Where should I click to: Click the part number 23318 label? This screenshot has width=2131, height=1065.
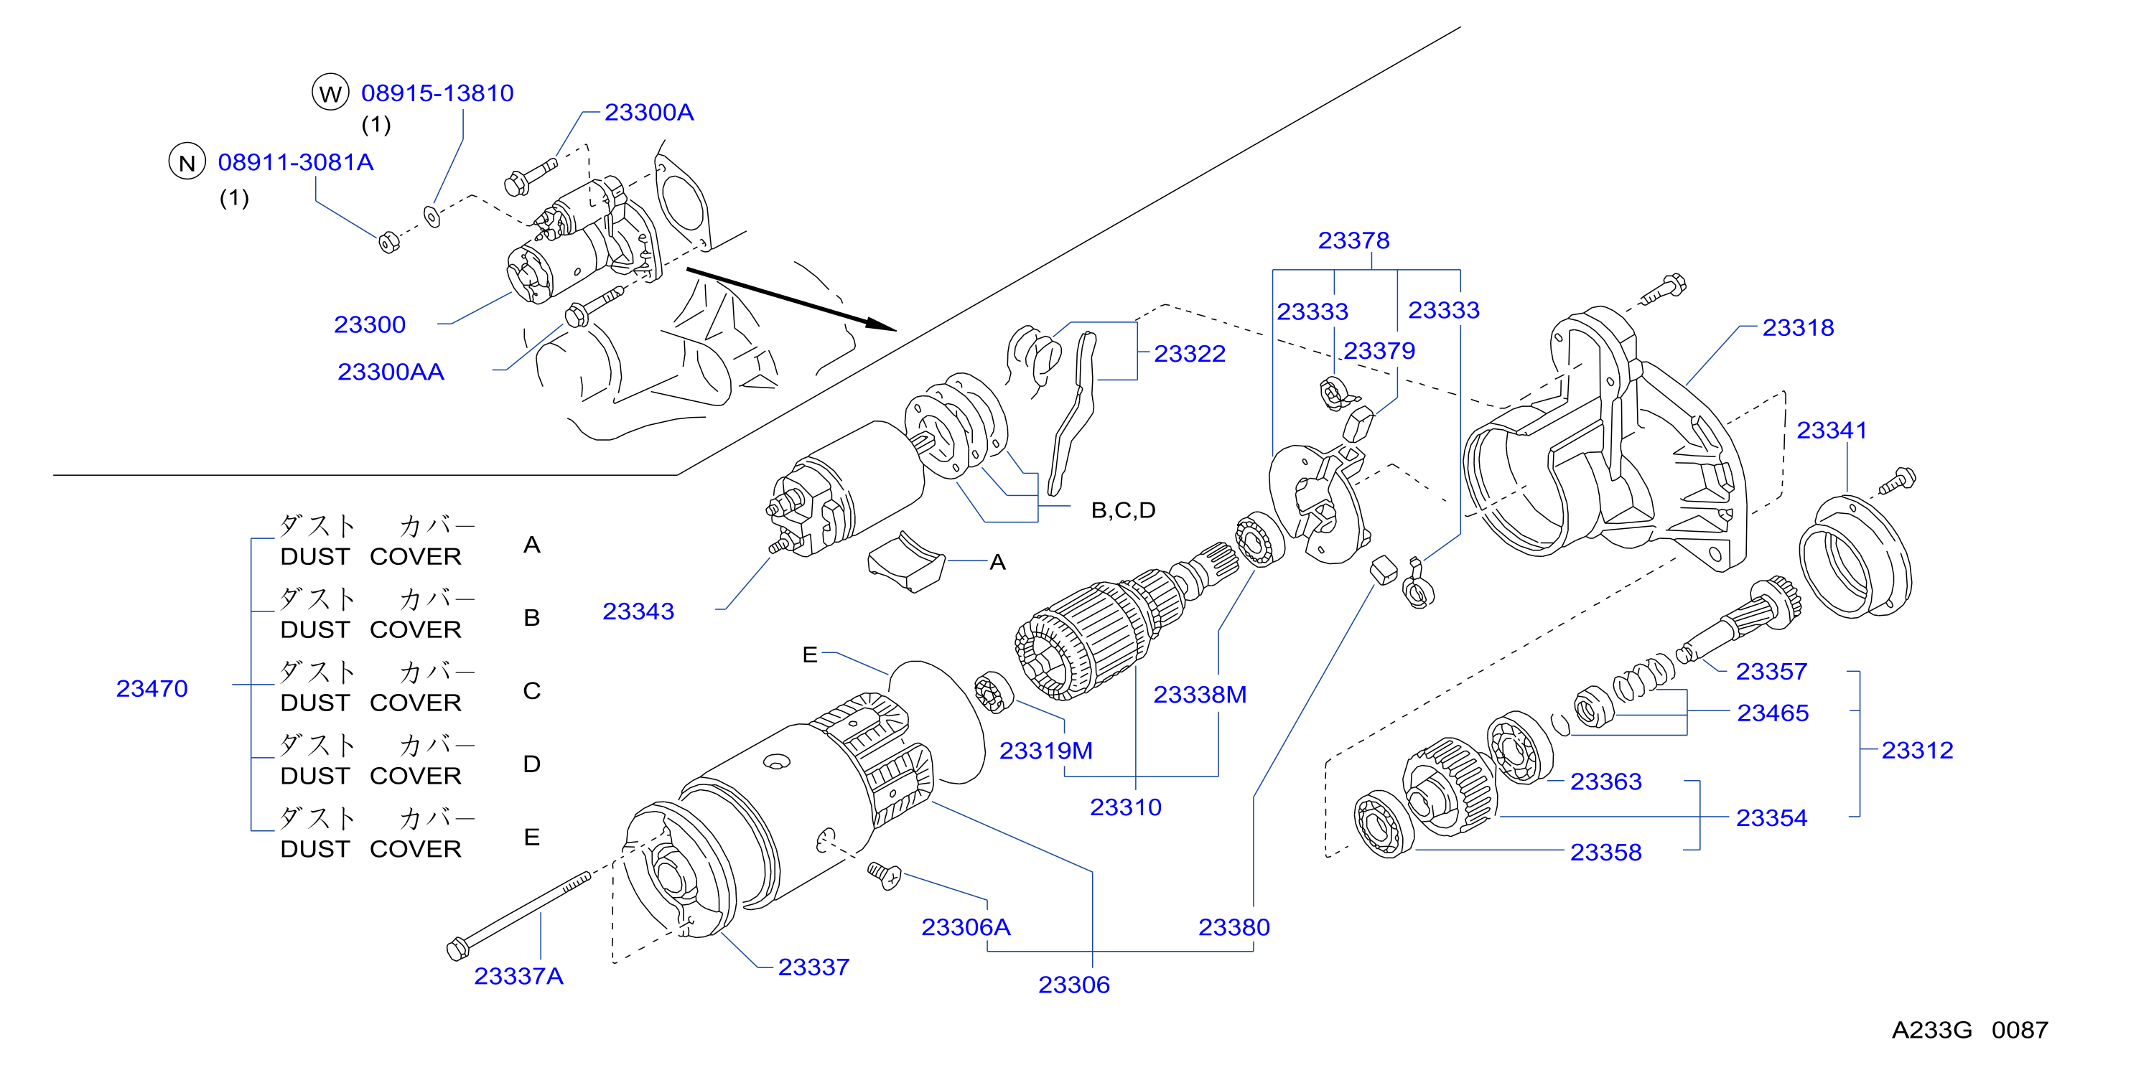tap(1798, 327)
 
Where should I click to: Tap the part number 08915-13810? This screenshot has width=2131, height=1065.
tap(437, 93)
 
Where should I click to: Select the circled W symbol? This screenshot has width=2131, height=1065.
tap(330, 93)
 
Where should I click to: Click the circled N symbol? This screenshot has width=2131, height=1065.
tap(187, 162)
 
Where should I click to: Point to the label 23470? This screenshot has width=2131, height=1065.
tap(151, 688)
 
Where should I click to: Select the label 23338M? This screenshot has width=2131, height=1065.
tap(1200, 695)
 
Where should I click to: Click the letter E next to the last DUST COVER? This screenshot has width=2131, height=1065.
tap(532, 838)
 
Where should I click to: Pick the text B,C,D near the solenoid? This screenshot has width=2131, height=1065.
tap(1124, 510)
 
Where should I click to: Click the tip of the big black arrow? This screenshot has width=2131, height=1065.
tap(897, 329)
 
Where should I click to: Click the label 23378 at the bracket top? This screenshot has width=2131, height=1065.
tap(1353, 240)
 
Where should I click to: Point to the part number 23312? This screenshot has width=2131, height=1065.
tap(1917, 750)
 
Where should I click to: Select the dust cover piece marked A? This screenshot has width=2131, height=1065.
tap(906, 561)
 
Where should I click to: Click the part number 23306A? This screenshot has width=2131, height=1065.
tap(966, 927)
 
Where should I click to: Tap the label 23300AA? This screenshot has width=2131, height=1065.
tap(391, 372)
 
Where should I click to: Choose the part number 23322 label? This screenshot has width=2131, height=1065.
tap(1190, 354)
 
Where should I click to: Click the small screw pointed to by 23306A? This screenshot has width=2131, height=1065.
tap(885, 875)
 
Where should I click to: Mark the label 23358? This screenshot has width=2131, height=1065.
tap(1605, 853)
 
